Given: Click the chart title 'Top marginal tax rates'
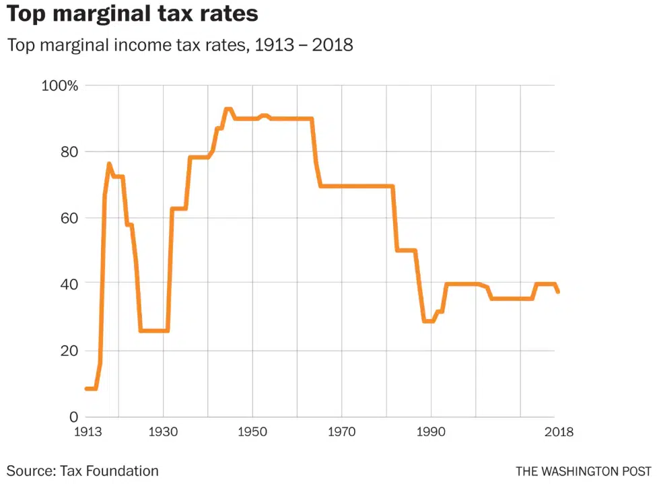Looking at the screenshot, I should [133, 14].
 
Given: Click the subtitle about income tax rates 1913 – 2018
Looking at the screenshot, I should [180, 46].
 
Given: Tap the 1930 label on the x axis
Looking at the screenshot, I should [163, 431].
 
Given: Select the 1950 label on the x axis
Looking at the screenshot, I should [252, 431].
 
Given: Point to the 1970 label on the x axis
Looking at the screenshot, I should [342, 431].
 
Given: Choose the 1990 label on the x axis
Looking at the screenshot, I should [431, 431].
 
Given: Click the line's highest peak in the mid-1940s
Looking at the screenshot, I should [228, 109].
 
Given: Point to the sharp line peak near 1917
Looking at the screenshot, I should [109, 164].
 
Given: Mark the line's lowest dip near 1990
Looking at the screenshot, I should [428, 321].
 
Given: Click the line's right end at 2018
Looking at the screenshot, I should [558, 291].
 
